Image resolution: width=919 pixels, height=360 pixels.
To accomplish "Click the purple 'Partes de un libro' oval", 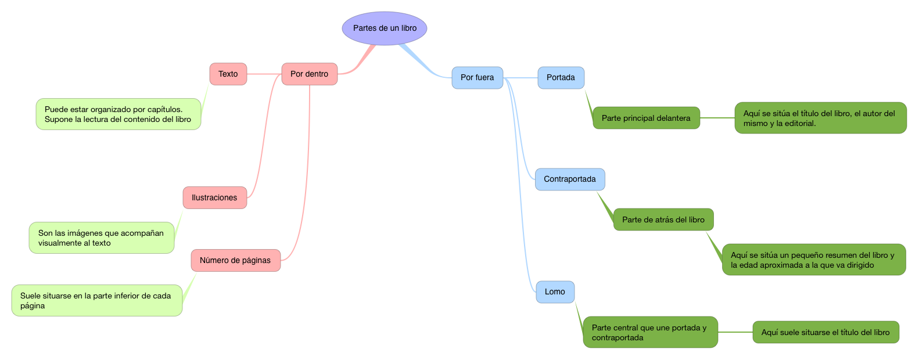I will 385,28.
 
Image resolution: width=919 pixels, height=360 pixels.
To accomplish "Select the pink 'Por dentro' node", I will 310,74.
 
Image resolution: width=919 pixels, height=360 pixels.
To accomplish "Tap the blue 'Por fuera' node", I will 477,77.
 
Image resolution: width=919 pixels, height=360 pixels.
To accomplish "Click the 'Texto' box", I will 228,74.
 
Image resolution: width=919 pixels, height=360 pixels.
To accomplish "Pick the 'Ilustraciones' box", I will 214,197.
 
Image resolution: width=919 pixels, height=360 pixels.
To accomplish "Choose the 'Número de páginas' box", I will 235,260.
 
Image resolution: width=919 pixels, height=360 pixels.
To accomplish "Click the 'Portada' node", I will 561,77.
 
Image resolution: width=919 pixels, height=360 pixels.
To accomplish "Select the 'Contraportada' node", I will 569,179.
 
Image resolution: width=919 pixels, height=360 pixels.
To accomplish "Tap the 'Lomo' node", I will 555,291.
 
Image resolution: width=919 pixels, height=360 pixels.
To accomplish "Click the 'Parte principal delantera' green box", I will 646,118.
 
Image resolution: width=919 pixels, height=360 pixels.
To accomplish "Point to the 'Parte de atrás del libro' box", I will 663,219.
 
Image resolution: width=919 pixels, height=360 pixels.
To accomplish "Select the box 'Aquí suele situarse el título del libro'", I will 825,332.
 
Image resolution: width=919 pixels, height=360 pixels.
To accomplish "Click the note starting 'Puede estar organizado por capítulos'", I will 118,114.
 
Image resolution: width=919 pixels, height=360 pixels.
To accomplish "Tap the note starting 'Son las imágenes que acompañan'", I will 101,237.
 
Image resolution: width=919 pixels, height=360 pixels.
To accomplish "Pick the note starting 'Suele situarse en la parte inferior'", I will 96,300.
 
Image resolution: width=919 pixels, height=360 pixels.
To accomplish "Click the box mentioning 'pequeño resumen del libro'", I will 813,260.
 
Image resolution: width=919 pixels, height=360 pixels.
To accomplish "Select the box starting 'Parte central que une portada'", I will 650,332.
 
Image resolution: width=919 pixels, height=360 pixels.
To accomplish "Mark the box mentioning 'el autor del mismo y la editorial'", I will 820,118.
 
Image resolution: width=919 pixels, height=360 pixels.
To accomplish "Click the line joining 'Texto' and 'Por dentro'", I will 264,74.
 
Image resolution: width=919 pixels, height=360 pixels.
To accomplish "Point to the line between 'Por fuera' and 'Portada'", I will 520,78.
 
